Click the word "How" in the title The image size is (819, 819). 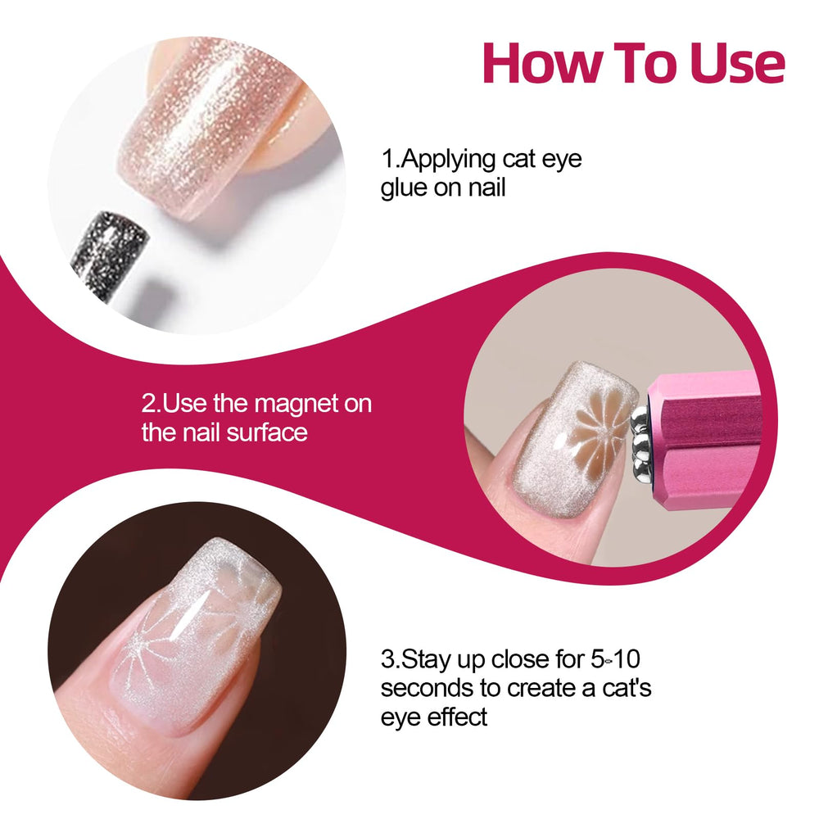(x=541, y=63)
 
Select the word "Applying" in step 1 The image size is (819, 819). (x=448, y=160)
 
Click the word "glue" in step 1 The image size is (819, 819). (x=405, y=188)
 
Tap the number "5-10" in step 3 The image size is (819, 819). (x=615, y=659)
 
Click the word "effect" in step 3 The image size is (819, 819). (x=457, y=716)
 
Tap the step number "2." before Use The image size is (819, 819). (x=151, y=404)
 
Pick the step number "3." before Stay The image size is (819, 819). (x=391, y=659)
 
